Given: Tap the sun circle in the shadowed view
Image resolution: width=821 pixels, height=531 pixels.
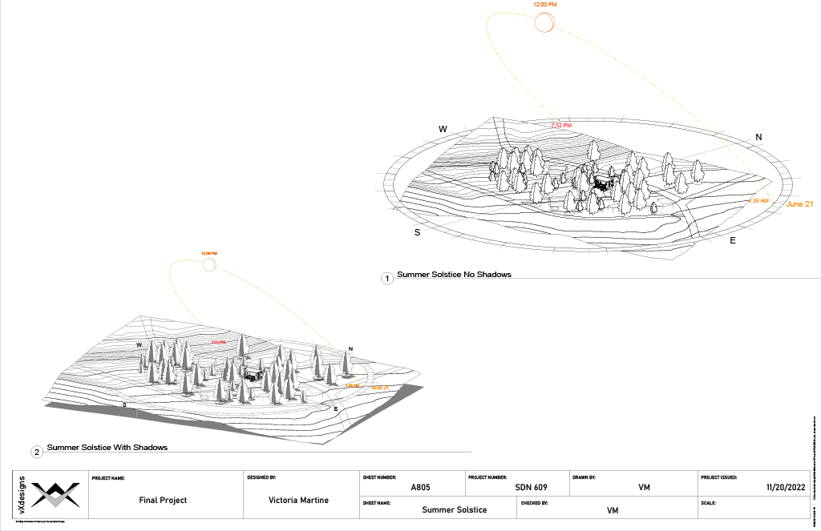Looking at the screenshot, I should point(208,265).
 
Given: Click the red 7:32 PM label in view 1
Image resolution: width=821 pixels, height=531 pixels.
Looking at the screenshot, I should point(560,126).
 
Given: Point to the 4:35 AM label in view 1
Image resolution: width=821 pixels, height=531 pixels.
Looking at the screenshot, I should point(758,200).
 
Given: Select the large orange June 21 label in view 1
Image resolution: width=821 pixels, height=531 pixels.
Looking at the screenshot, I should point(799,204).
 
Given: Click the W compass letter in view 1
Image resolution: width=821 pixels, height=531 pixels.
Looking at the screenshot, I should point(442,129).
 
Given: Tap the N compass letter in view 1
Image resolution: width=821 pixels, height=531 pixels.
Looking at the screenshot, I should point(758,137).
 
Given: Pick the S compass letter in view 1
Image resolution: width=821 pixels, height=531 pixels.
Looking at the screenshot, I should point(417,232).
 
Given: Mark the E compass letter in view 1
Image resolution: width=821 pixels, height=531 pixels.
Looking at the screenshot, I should point(733,239).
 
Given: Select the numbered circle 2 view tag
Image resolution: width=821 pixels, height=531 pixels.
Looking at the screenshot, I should point(37,452).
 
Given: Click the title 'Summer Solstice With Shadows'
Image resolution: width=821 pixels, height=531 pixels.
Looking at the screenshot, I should point(107,448).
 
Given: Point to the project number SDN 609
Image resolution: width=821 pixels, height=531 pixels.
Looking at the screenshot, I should point(530,487).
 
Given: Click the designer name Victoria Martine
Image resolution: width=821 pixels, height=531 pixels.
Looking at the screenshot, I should point(299,500).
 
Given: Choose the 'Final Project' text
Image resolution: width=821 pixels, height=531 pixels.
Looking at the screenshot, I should point(163,500).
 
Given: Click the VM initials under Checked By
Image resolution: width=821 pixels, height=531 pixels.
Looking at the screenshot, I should point(613,510).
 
